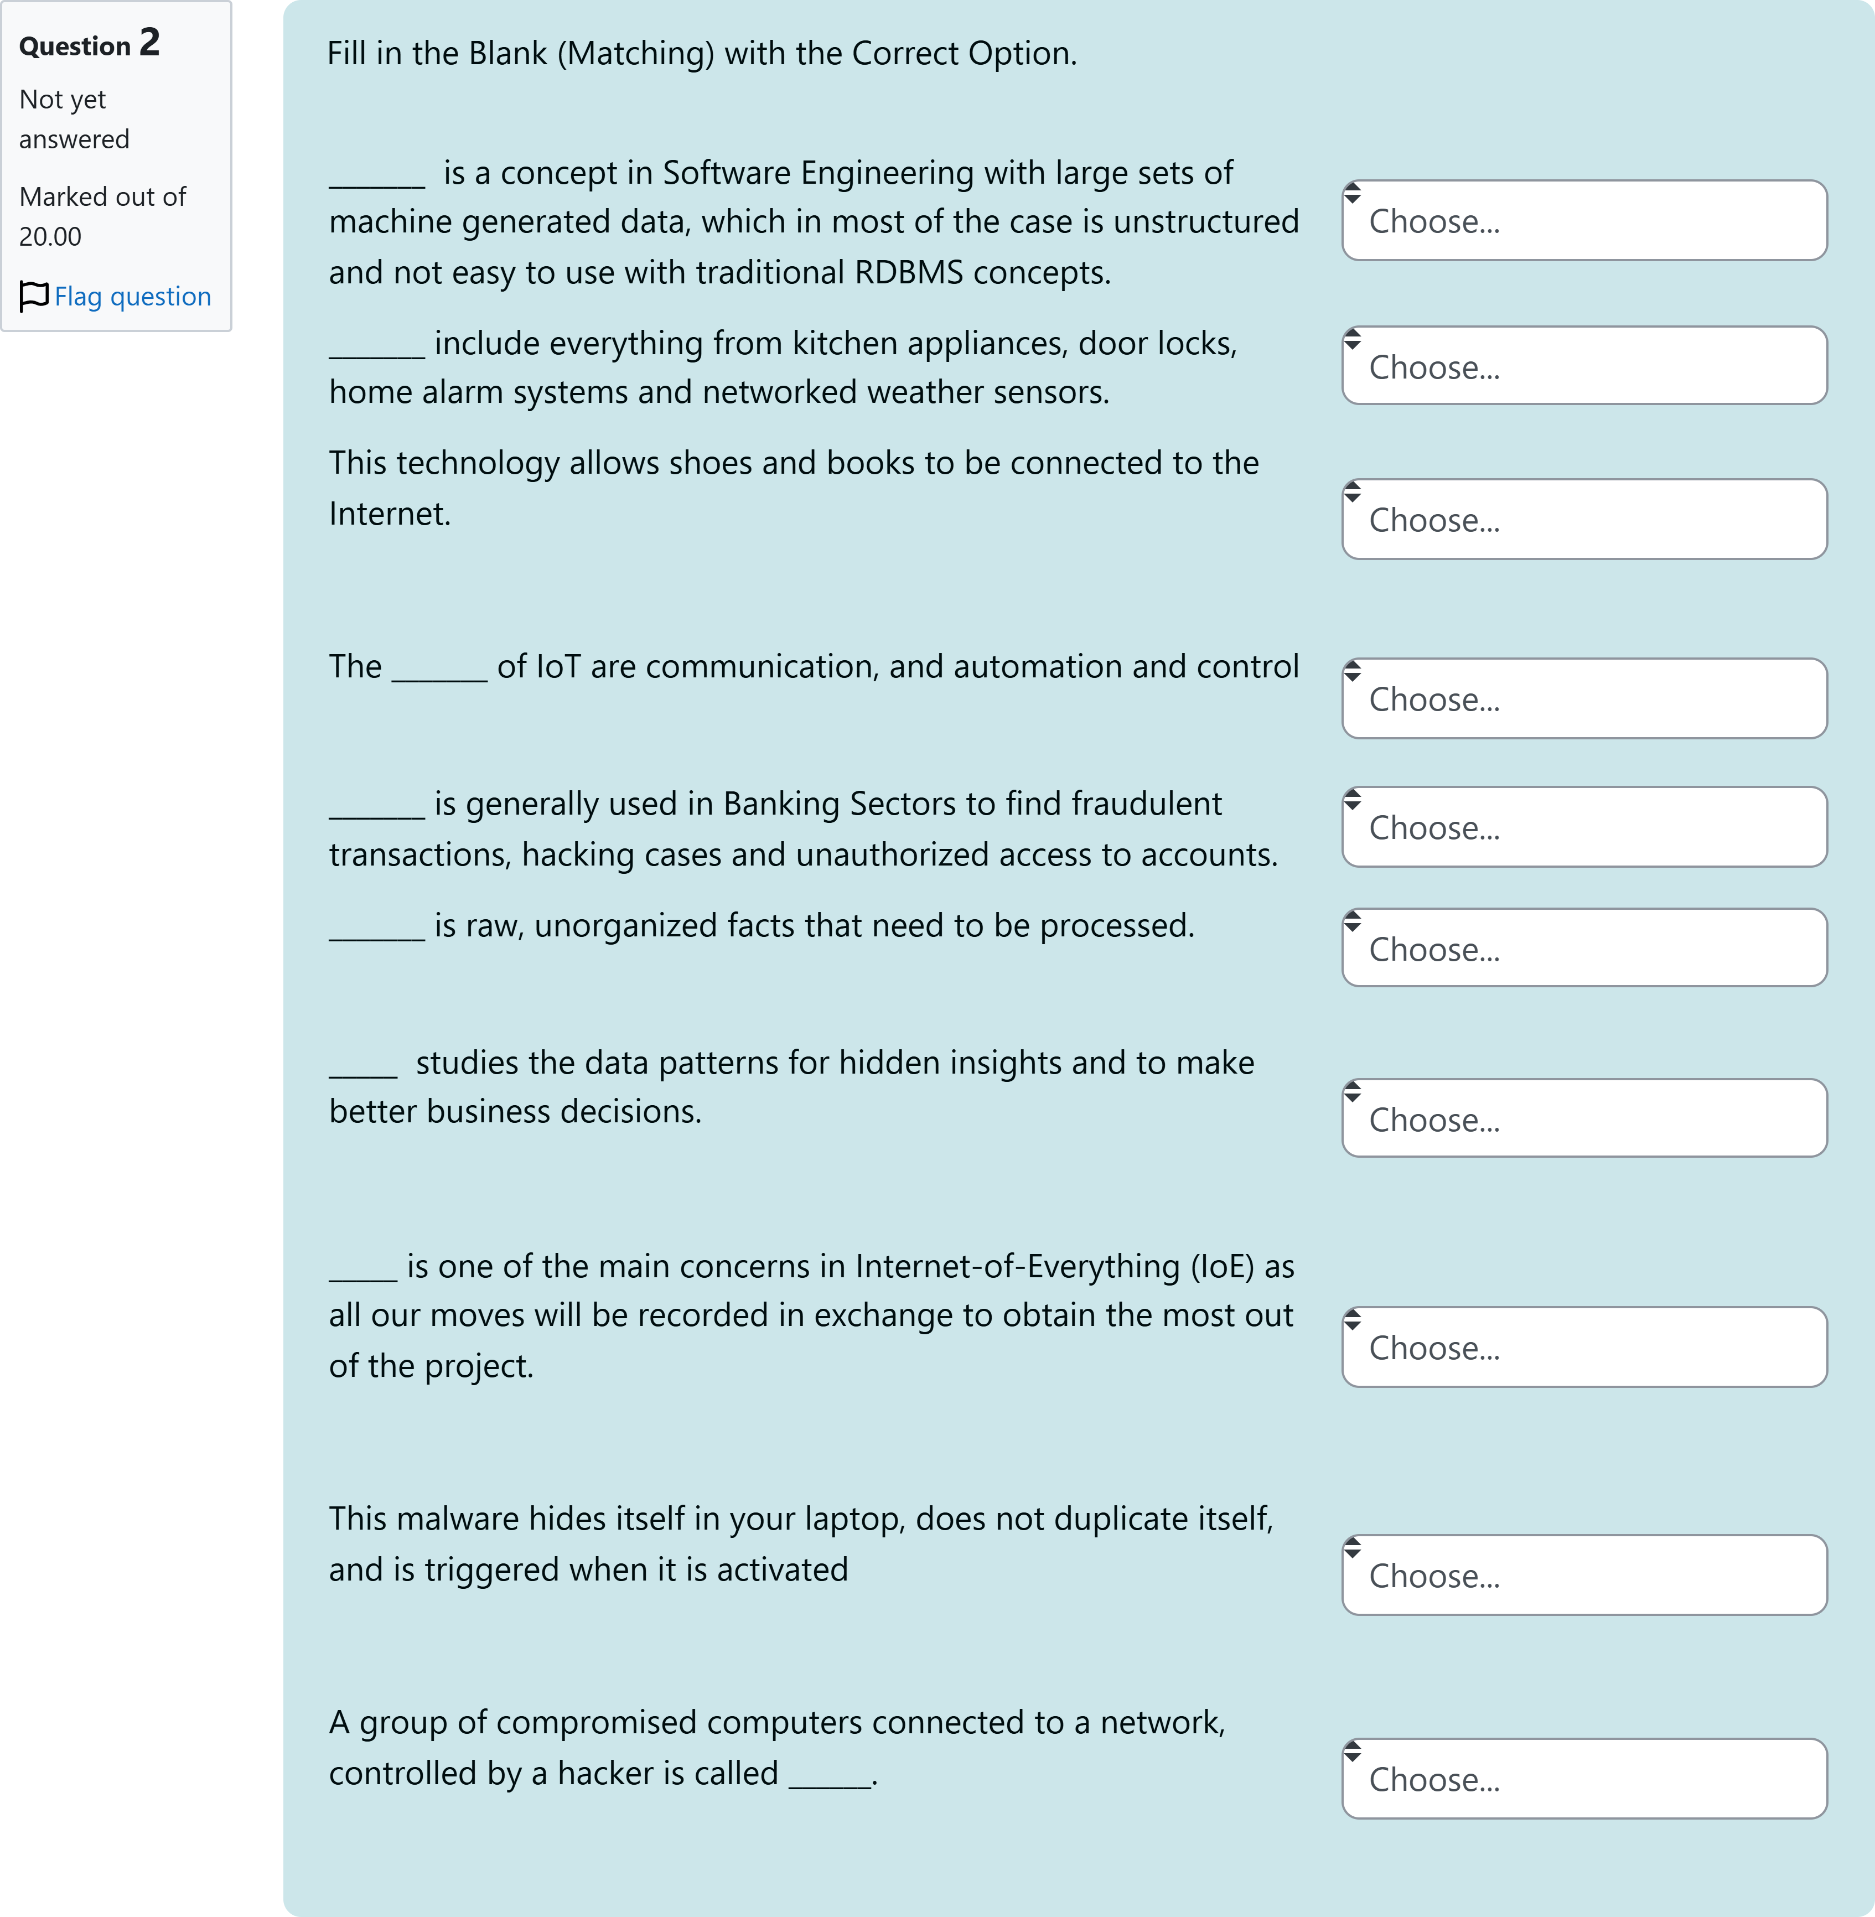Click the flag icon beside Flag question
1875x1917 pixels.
pos(33,296)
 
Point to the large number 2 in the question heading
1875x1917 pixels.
pos(149,43)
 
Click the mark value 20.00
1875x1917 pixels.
pos(50,236)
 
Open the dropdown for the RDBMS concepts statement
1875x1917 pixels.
pos(1583,221)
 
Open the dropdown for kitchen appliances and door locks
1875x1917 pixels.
pos(1583,366)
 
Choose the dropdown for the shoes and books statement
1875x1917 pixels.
pos(1583,520)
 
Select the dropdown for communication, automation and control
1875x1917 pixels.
pos(1583,699)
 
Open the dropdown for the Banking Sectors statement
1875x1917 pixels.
pos(1583,827)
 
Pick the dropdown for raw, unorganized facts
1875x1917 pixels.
pos(1583,948)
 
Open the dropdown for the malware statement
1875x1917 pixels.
pos(1583,1576)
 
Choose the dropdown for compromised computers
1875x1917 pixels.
pos(1583,1779)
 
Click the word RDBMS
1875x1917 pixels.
pos(908,273)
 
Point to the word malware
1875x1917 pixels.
pos(458,1519)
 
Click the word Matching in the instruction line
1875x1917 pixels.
pos(636,53)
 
